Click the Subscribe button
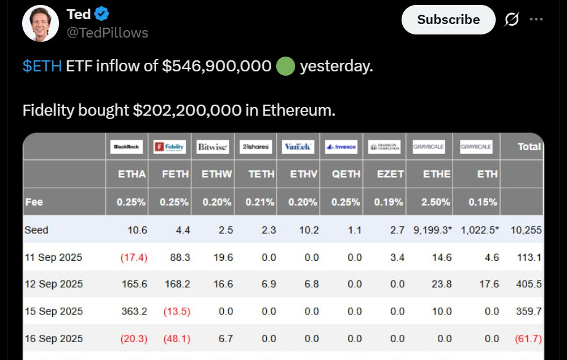(448, 20)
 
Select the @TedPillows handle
(107, 33)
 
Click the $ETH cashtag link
(42, 66)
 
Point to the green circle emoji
(285, 66)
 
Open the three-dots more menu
(536, 20)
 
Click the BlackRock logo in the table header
(126, 147)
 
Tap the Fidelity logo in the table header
(169, 147)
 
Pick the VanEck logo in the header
(298, 147)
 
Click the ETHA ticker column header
(132, 174)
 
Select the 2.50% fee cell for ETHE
(437, 202)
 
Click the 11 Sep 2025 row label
(54, 257)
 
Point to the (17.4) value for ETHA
(135, 257)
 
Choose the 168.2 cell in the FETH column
(178, 284)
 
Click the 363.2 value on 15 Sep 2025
(135, 311)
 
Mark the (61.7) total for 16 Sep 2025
(528, 338)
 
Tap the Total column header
(529, 146)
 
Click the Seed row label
(36, 230)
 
